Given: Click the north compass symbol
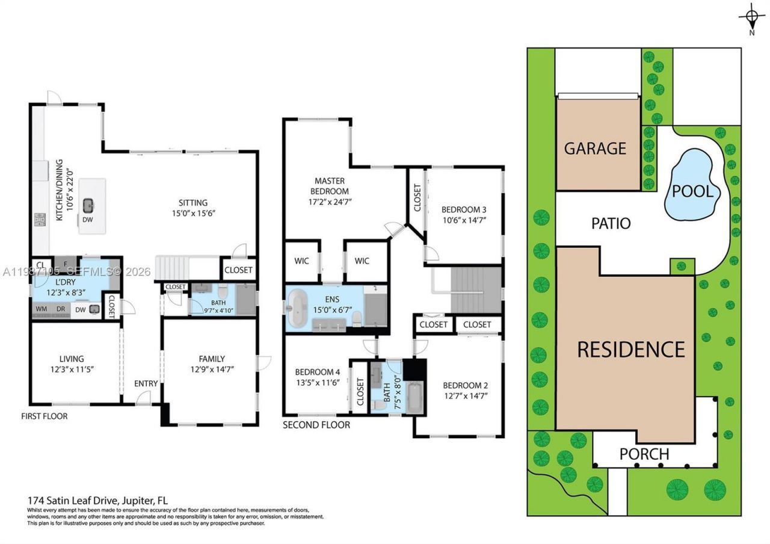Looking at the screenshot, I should coord(752,16).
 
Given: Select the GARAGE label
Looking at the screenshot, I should coord(595,148).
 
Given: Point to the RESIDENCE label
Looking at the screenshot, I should coord(631,349).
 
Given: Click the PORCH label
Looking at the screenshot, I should coord(644,454).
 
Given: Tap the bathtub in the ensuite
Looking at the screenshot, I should coord(298,309).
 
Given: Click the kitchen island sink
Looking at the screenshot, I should coord(88,205).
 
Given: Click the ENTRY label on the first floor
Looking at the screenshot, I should coord(146,383).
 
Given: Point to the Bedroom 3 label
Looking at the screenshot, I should coord(463,209).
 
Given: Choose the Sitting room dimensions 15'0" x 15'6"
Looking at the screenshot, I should coord(192,214).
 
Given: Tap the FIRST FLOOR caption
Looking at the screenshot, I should coord(45,416).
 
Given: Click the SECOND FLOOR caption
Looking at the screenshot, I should coord(316,425).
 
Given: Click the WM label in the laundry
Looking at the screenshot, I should coord(42,309).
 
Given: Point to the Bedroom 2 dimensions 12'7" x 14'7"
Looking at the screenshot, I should coord(464,395).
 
